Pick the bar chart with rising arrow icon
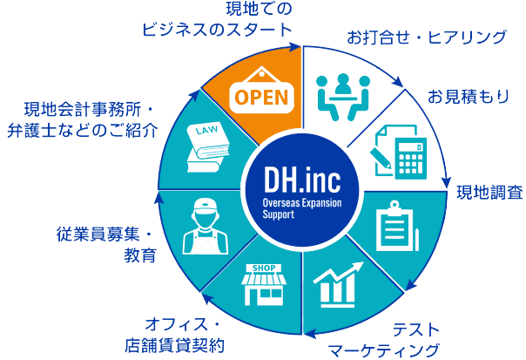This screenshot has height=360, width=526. coord(339,283)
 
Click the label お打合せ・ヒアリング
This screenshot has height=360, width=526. coord(426,38)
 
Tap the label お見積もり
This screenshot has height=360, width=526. coord(468,96)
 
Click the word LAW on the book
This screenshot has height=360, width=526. coord(206,132)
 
